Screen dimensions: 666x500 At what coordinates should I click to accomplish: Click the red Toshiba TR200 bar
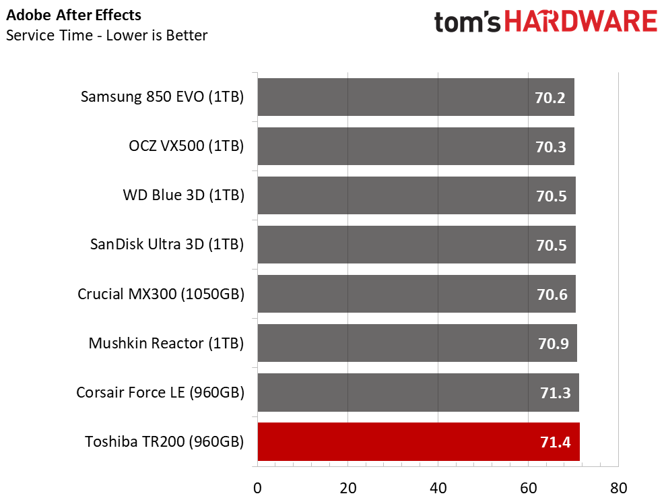click(418, 442)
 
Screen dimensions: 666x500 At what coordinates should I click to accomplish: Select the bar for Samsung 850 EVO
click(415, 97)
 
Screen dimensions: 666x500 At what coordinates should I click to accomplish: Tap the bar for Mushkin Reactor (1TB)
click(417, 343)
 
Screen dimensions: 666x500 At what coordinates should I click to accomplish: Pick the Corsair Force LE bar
click(418, 392)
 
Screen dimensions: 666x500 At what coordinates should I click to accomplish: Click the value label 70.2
click(550, 98)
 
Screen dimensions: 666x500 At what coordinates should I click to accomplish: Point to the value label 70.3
click(551, 147)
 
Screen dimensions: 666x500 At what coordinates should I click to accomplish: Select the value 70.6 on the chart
click(552, 294)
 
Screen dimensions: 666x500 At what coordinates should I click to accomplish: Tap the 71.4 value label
click(556, 443)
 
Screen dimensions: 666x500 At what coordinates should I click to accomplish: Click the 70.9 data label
click(554, 344)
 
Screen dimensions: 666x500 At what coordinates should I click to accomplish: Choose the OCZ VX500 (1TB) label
click(187, 146)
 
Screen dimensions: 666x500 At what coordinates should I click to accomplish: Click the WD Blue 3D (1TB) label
click(183, 195)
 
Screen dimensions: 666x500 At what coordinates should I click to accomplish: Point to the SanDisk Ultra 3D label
click(167, 245)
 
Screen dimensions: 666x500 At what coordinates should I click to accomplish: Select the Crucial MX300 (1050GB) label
click(161, 294)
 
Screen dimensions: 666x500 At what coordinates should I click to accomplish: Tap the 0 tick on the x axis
click(257, 489)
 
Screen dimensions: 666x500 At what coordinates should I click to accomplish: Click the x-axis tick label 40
click(438, 489)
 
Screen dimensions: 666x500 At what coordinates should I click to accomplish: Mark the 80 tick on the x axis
click(618, 489)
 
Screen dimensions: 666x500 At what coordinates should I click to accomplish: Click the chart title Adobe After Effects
click(74, 15)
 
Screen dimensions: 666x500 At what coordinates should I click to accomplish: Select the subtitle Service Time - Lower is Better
click(107, 35)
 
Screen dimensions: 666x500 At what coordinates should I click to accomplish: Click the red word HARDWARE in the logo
click(581, 22)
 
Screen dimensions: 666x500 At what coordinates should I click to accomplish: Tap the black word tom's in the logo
click(467, 22)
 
